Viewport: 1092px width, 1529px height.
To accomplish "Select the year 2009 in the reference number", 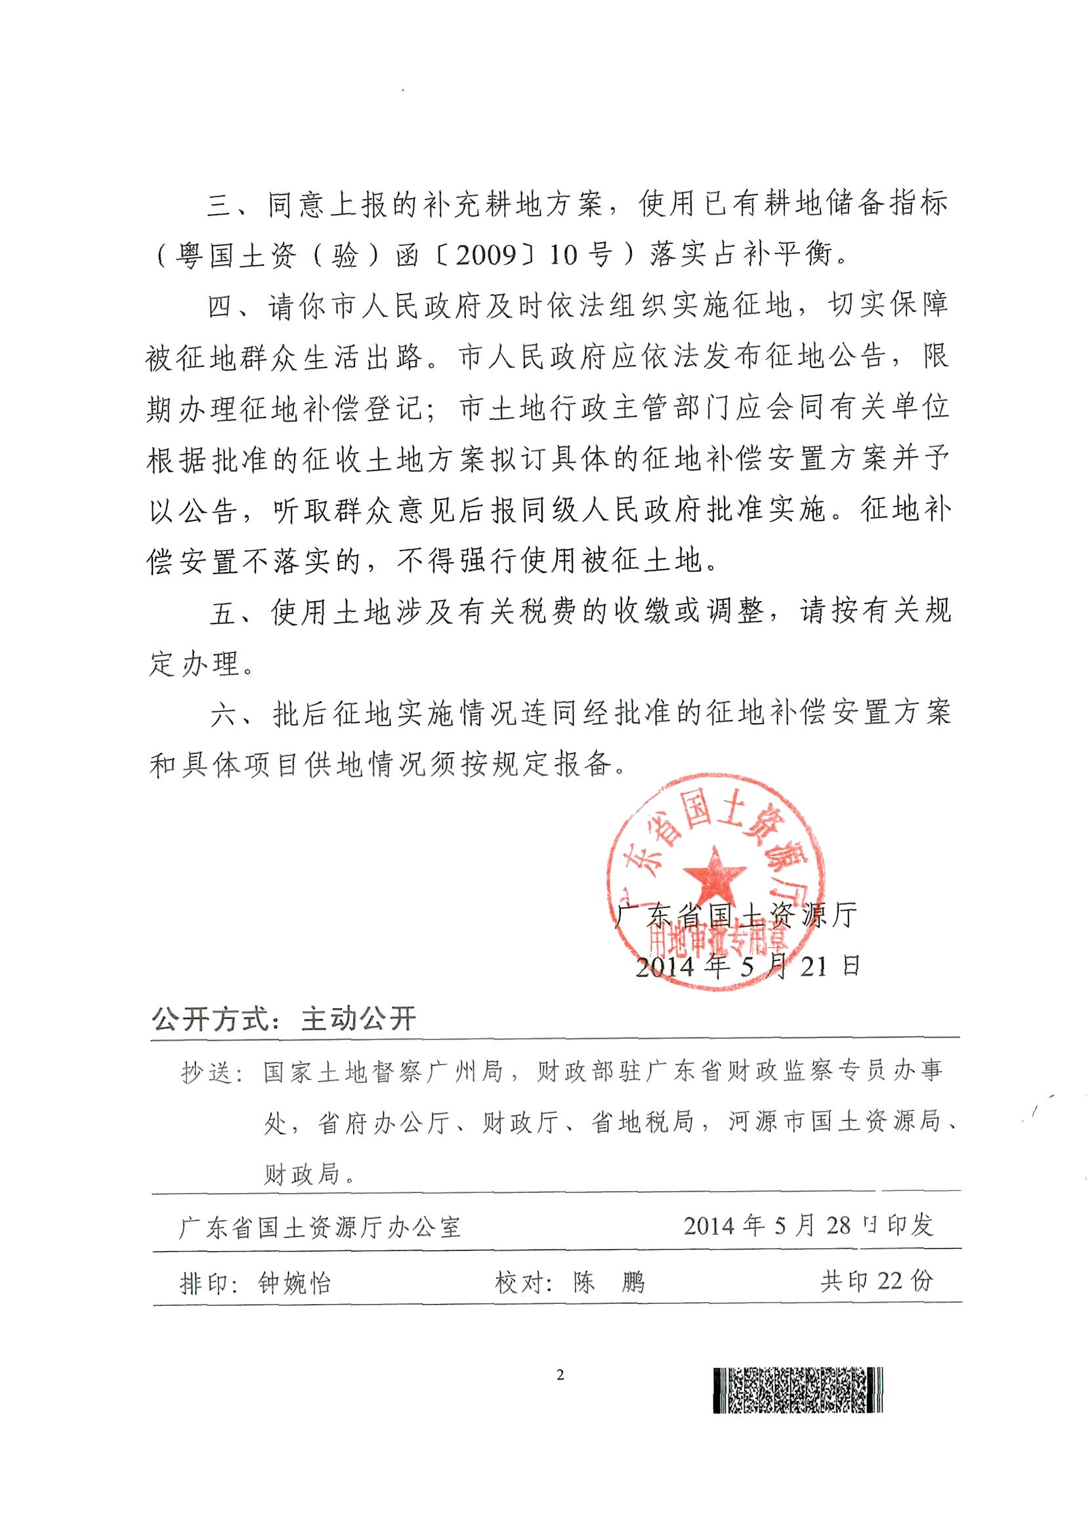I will [487, 256].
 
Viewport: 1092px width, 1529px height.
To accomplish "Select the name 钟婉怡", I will [295, 1284].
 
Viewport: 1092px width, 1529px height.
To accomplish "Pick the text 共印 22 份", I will [876, 1282].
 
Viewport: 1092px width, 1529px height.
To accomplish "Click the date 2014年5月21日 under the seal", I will [747, 967].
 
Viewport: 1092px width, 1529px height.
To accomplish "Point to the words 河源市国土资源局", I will [834, 1122].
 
